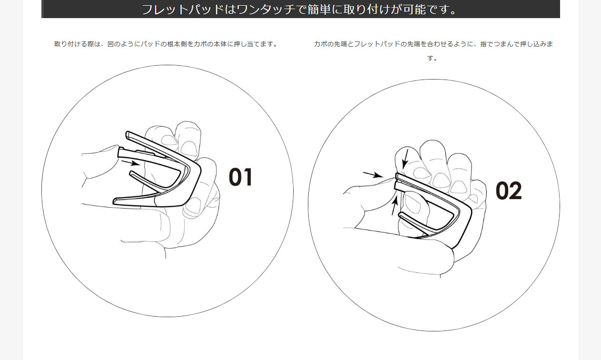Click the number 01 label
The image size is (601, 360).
click(240, 177)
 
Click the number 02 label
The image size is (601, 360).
click(509, 190)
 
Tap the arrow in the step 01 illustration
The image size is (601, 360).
click(130, 163)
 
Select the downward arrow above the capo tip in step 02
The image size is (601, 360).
click(405, 159)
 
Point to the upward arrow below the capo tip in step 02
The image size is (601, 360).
click(394, 205)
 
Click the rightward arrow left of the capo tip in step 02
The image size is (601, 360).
click(373, 175)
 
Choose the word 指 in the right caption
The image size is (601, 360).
click(483, 44)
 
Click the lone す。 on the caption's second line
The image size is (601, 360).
click(432, 58)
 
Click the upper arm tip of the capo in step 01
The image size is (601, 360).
click(127, 134)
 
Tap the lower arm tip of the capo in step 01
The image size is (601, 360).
click(115, 201)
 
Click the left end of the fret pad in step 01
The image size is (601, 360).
click(119, 153)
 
